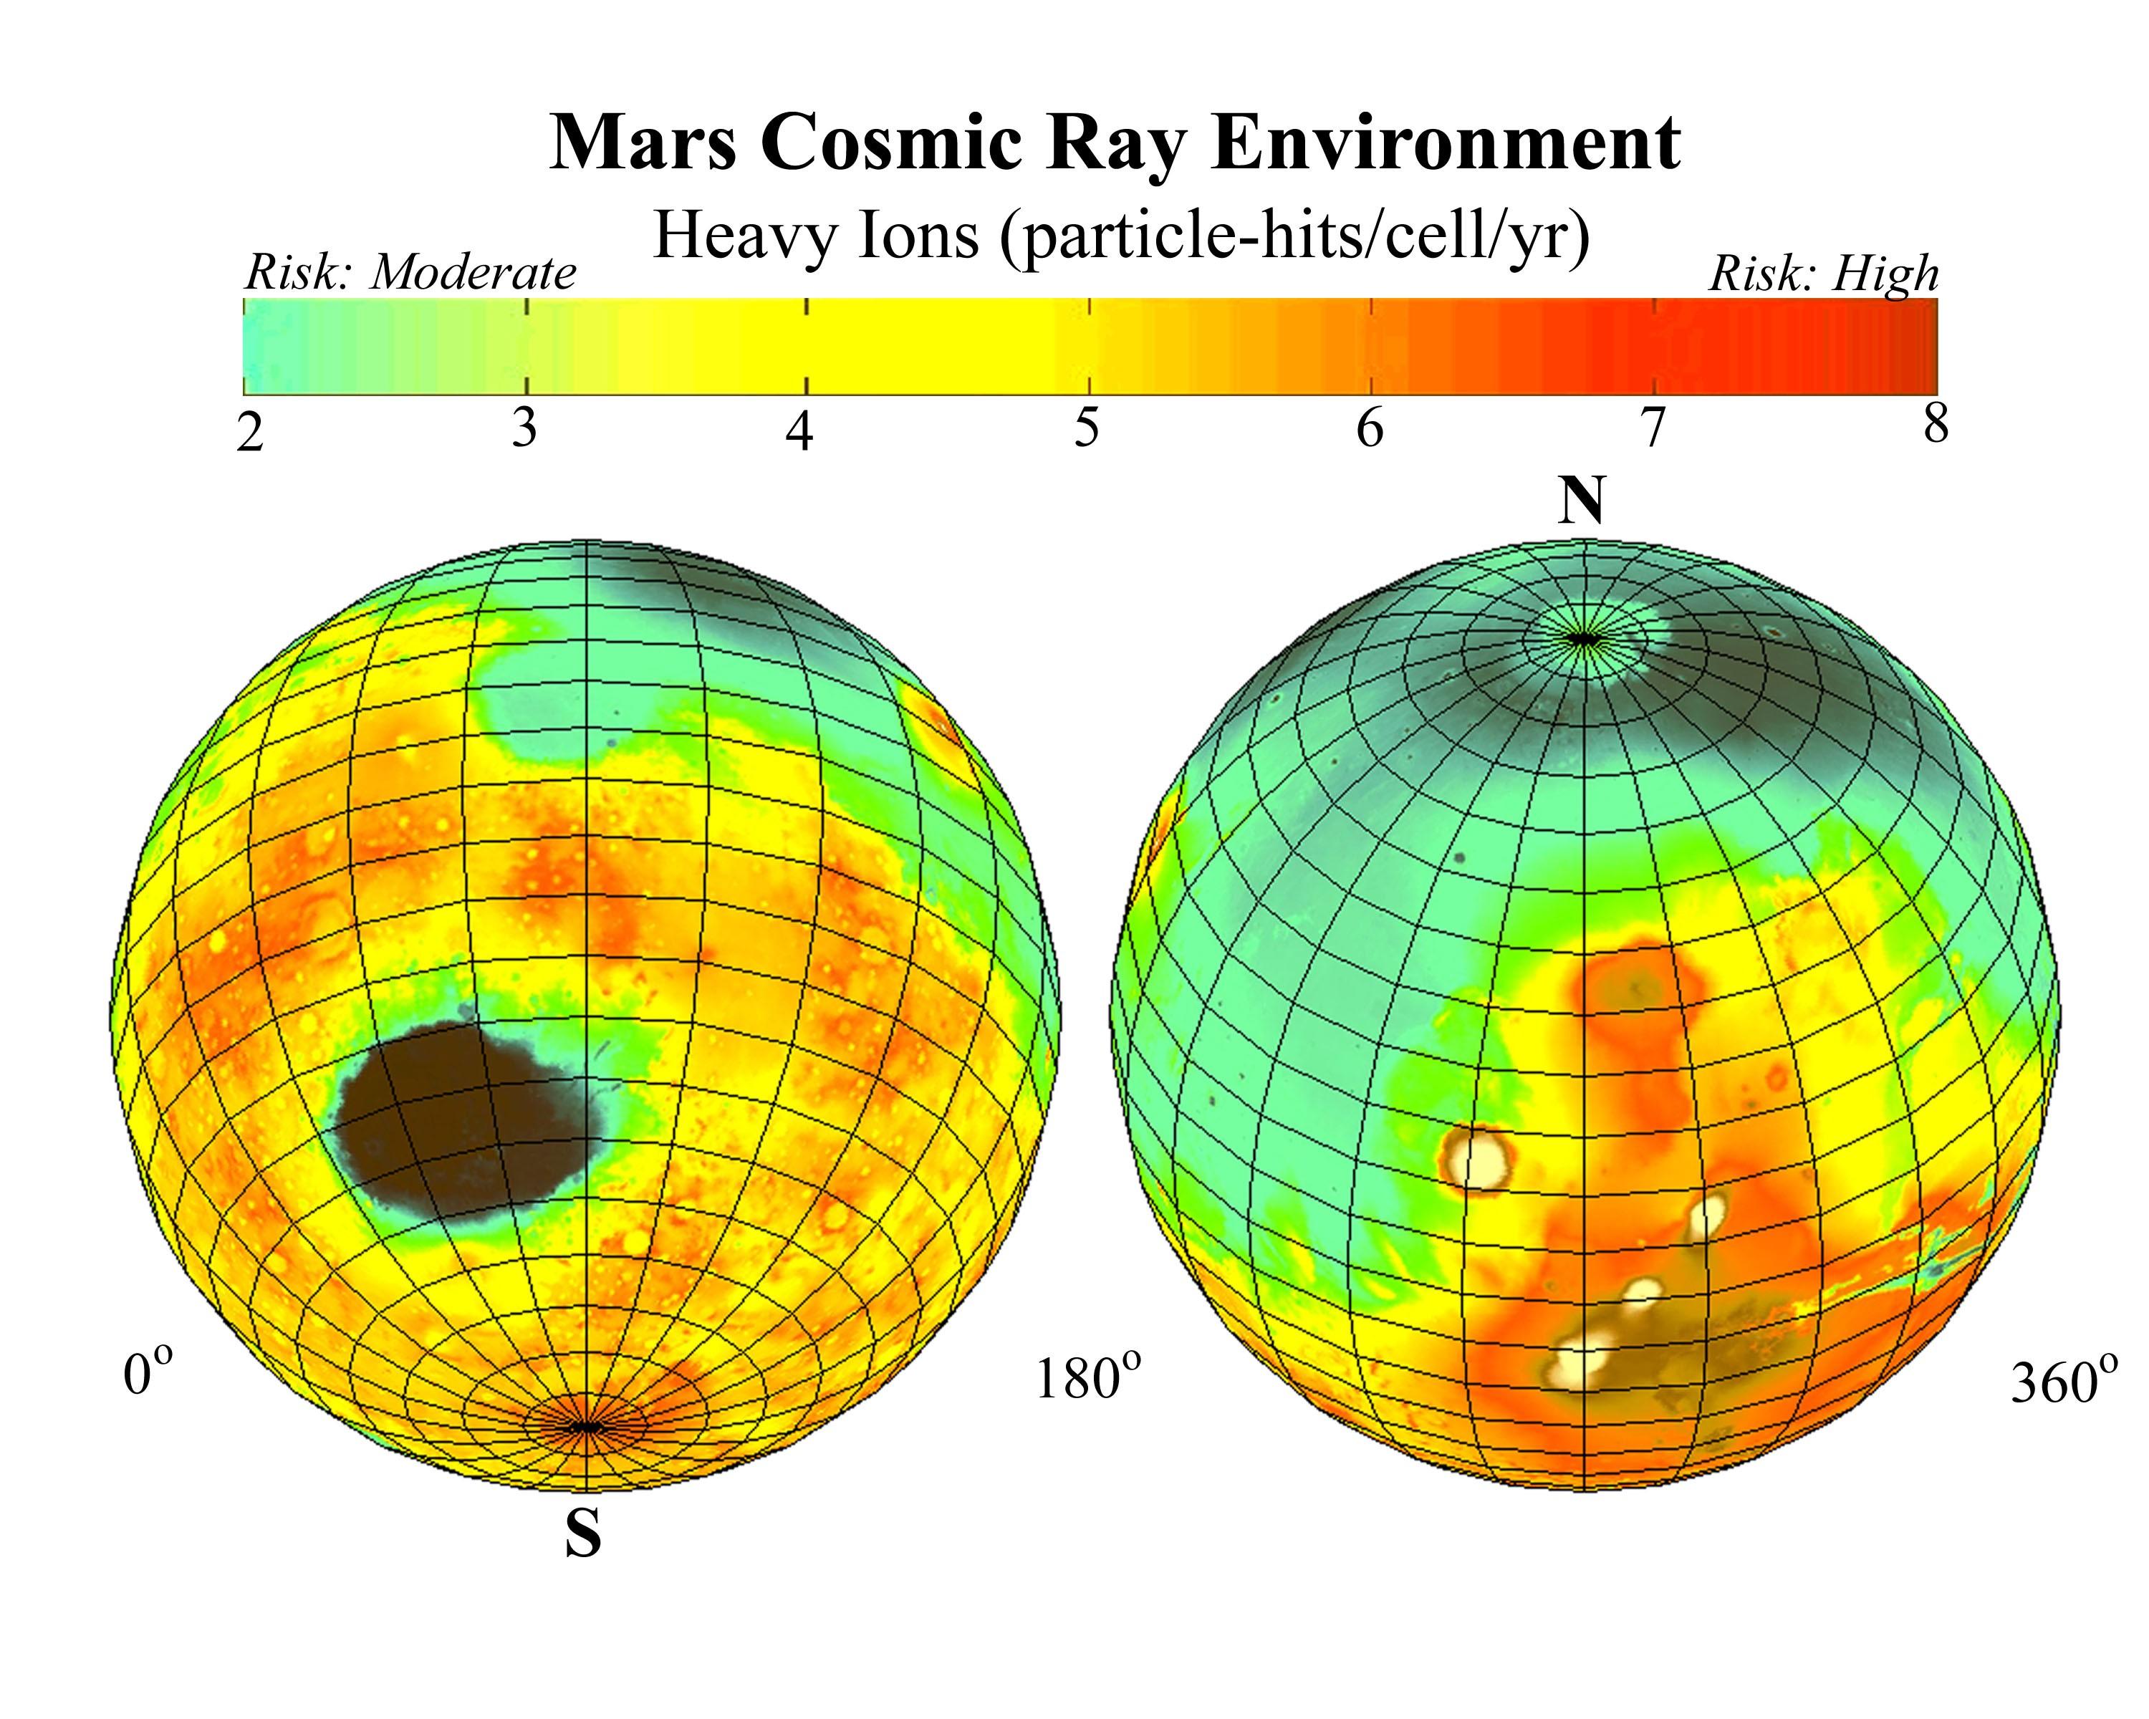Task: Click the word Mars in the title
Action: click(x=642, y=143)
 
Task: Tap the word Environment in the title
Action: click(x=1446, y=143)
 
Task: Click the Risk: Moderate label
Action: click(x=410, y=272)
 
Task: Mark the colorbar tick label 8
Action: click(x=1936, y=425)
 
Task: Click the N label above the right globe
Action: click(x=1582, y=501)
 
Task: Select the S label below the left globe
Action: click(x=583, y=1535)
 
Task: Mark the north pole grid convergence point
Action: click(x=1582, y=637)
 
